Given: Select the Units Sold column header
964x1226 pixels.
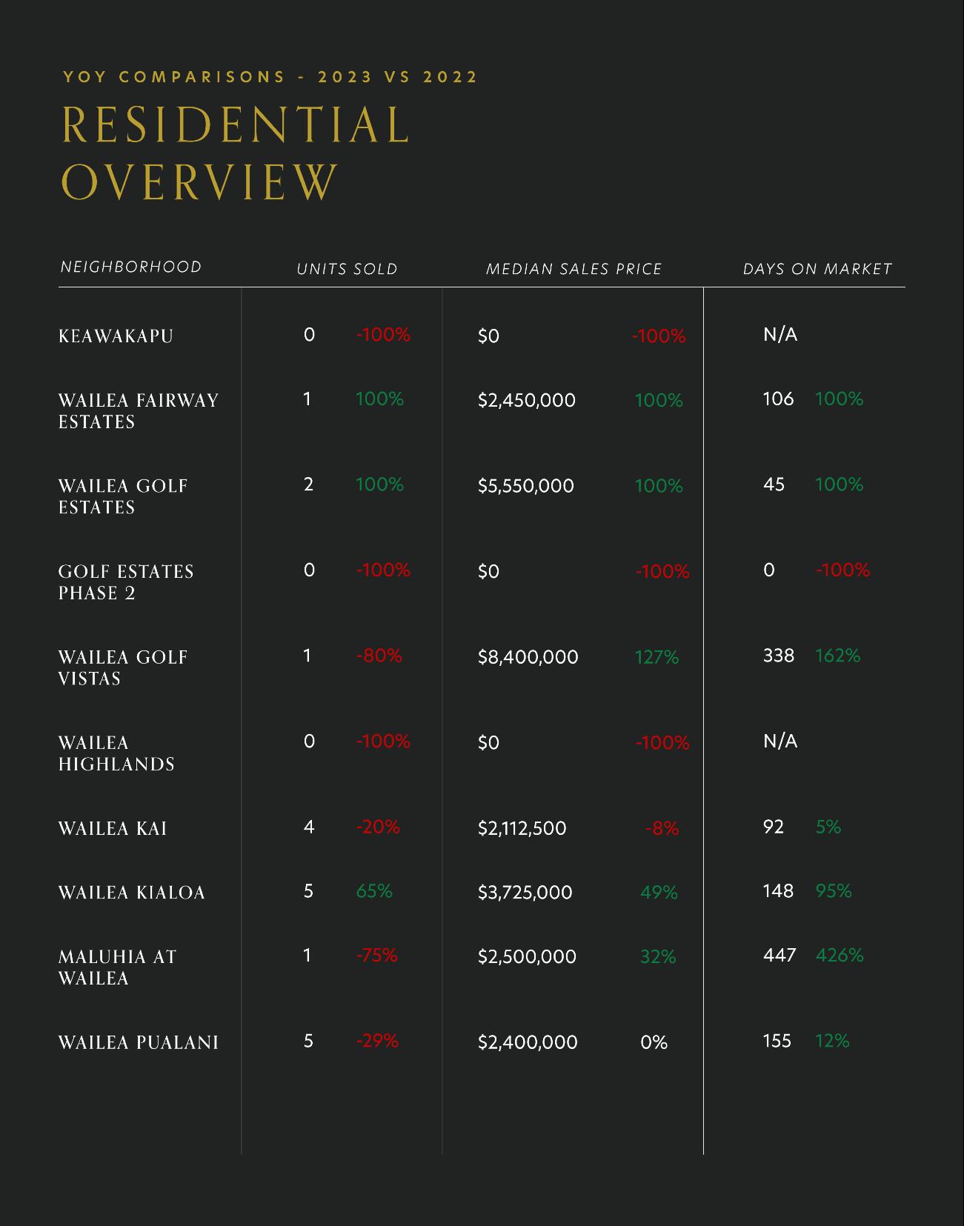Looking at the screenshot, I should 347,269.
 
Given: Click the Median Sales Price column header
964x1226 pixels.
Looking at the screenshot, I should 574,269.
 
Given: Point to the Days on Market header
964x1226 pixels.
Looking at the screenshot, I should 817,269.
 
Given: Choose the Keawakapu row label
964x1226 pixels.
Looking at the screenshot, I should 116,336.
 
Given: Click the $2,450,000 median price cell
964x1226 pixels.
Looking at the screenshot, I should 526,401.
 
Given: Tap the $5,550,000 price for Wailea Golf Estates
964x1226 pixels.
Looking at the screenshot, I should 525,486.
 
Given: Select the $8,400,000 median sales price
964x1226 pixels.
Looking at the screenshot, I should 528,657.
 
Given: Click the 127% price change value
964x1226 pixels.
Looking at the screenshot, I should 656,657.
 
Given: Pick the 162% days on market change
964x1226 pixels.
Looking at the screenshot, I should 837,656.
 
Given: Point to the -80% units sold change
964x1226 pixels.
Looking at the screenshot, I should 379,656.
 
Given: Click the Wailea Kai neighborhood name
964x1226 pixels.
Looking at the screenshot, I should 113,828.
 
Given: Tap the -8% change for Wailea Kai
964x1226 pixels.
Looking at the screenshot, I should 662,828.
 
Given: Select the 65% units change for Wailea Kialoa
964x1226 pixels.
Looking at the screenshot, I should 373,891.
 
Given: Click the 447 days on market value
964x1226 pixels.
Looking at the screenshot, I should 779,955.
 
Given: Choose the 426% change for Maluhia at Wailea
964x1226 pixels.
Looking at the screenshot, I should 840,956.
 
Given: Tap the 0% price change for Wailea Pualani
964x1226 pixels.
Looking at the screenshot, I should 654,1042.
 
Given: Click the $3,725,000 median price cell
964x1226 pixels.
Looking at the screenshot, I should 525,892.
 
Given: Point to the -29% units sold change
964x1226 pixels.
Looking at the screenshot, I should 377,1041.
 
